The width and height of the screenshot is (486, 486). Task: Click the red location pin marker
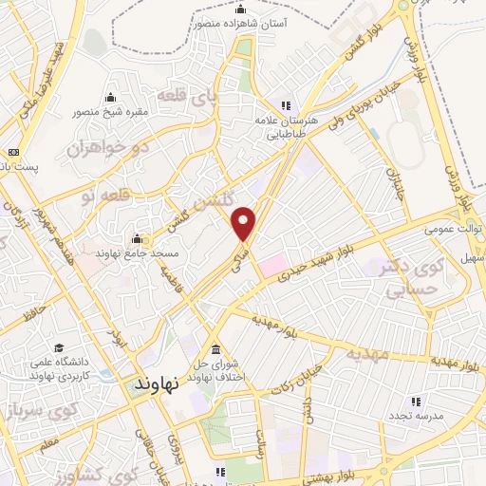click(245, 223)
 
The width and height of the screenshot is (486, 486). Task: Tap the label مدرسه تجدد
click(409, 416)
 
